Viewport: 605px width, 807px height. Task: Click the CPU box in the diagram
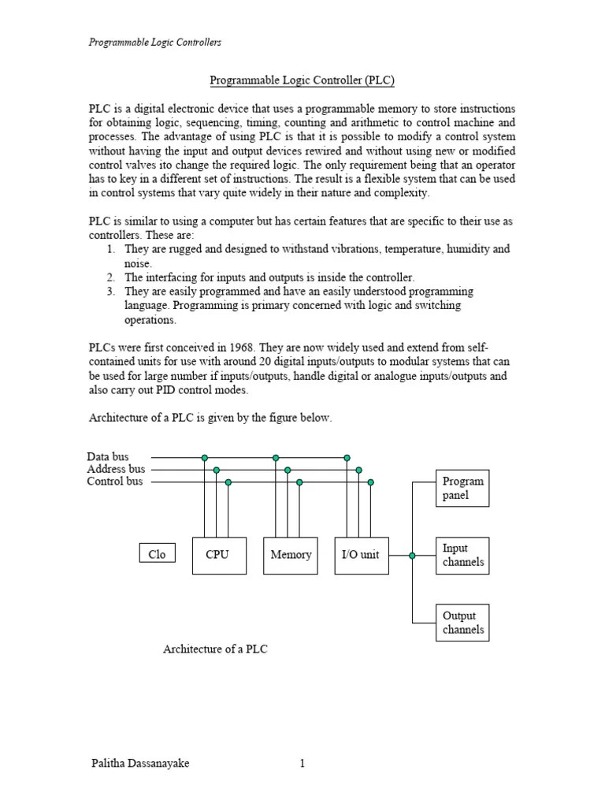pyautogui.click(x=219, y=555)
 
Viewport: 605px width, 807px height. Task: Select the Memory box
pyautogui.click(x=291, y=555)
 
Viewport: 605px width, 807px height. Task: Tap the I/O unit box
pyautogui.click(x=361, y=555)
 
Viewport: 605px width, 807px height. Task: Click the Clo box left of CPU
pyautogui.click(x=157, y=554)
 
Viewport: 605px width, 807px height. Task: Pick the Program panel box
pyautogui.click(x=462, y=488)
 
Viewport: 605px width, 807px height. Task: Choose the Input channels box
pyautogui.click(x=462, y=555)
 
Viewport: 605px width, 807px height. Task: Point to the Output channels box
pyautogui.click(x=462, y=623)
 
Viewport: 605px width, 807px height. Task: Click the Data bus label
pyautogui.click(x=108, y=456)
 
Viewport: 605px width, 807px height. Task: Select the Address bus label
pyautogui.click(x=116, y=469)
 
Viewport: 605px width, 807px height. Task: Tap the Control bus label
pyautogui.click(x=115, y=481)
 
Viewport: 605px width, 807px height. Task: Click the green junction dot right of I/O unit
pyautogui.click(x=412, y=555)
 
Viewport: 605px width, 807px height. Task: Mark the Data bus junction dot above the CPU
pyautogui.click(x=205, y=457)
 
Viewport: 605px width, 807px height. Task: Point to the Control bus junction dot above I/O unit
pyautogui.click(x=370, y=482)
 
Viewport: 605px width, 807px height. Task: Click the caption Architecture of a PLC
pyautogui.click(x=221, y=649)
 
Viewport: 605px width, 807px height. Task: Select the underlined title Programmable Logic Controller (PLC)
pyautogui.click(x=302, y=80)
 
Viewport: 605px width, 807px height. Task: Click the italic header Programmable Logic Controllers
pyautogui.click(x=154, y=42)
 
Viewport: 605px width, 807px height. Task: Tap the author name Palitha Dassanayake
pyautogui.click(x=140, y=763)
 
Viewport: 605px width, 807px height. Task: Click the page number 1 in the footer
pyautogui.click(x=302, y=763)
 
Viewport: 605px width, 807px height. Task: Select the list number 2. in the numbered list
pyautogui.click(x=111, y=277)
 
